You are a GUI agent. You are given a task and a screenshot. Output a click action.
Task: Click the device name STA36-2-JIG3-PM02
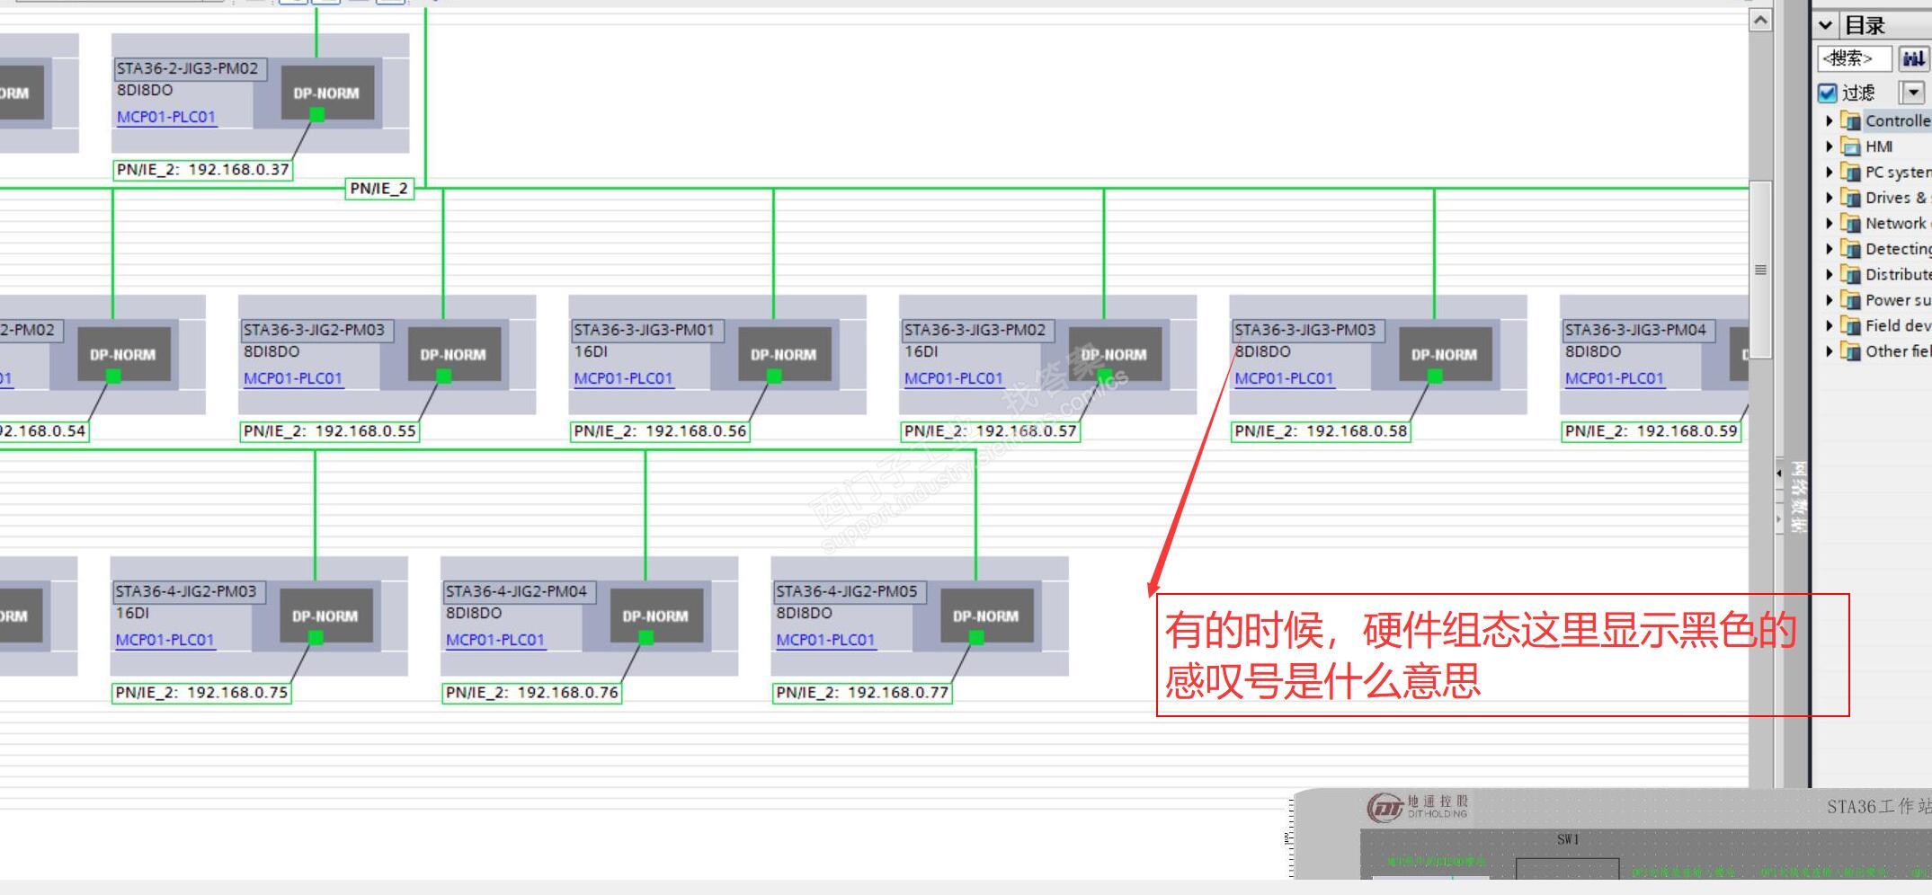coord(188,68)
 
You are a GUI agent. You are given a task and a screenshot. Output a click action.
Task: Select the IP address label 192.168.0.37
coord(203,170)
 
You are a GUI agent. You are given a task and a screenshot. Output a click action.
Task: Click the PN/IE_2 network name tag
coord(378,189)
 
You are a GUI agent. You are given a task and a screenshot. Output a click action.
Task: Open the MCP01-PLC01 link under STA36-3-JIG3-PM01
coord(623,378)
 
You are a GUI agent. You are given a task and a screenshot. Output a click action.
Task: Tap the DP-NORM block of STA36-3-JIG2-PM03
coord(453,354)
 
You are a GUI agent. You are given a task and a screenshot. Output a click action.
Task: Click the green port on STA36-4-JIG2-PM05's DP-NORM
coord(976,637)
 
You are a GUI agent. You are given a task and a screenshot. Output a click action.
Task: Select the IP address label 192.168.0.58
coord(1320,431)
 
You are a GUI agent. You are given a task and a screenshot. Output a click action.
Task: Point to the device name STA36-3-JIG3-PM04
coord(1634,330)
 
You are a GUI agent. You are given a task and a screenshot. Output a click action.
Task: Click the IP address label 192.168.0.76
coord(531,693)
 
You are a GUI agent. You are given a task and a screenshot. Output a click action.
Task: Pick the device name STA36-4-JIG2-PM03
coord(185,591)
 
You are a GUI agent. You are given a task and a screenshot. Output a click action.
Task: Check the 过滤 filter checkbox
coord(1827,93)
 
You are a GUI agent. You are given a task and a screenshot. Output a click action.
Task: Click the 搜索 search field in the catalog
coord(1853,59)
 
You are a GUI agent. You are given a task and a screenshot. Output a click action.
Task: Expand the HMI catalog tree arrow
coord(1829,146)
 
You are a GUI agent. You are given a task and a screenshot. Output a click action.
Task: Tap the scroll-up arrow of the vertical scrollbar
coord(1760,20)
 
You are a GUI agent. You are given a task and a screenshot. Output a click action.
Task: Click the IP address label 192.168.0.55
coord(329,431)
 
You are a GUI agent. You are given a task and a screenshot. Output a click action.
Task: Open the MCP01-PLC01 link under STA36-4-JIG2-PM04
coord(494,640)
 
